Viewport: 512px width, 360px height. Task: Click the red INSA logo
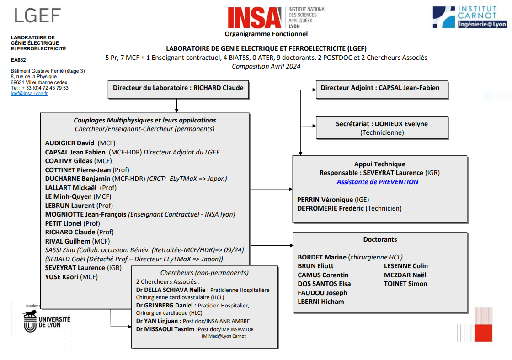coord(255,18)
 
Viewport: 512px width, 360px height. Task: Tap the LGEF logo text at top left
coord(37,16)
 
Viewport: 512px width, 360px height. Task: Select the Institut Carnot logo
coord(469,17)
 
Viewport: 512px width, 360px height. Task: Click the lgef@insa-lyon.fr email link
coord(29,93)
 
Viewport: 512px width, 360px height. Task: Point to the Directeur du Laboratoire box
coord(178,88)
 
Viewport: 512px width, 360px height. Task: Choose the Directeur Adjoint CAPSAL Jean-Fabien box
coord(380,88)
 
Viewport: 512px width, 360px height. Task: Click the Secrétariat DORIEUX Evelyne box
coord(382,128)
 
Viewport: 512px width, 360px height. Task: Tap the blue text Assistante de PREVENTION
coord(378,182)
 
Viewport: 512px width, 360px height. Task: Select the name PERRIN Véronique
coord(325,200)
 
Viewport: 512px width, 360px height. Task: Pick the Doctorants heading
coord(380,239)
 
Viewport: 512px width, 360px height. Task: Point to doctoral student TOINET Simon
coord(405,284)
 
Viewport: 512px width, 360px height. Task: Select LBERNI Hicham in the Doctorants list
coord(321,302)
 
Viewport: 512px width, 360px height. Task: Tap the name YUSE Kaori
coord(62,277)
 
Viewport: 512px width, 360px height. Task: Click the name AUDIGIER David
coord(69,143)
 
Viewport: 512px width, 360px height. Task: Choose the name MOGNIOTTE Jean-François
coord(85,214)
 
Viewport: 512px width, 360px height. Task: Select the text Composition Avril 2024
coord(266,66)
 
